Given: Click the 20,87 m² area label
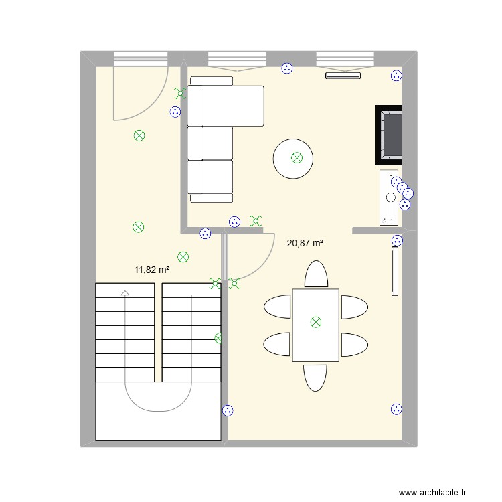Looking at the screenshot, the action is coord(305,244).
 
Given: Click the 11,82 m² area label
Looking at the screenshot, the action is coord(152,270).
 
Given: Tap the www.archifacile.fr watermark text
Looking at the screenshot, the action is coord(432,492).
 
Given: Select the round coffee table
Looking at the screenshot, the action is coord(293,159).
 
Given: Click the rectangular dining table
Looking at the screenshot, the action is coord(316,325).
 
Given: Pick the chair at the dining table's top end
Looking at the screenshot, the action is coord(316,274).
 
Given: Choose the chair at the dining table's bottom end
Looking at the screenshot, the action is coord(315,378).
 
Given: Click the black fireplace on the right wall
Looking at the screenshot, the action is coord(389,135).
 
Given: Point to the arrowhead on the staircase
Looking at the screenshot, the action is coord(125,292).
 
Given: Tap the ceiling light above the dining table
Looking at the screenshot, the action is coord(316,322).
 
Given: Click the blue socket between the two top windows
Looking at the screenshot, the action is coord(287,68).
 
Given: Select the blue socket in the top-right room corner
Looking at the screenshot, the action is coord(396,76).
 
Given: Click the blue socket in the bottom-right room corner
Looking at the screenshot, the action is coord(396,409).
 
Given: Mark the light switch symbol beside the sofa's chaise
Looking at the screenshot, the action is coord(180,93).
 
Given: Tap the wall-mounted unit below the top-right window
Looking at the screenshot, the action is coord(343,76).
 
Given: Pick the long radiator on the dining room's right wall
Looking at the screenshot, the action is coord(395,271).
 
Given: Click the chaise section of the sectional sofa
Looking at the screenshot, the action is coord(226,106).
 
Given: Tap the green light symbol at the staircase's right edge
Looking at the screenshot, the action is coord(218,338).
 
